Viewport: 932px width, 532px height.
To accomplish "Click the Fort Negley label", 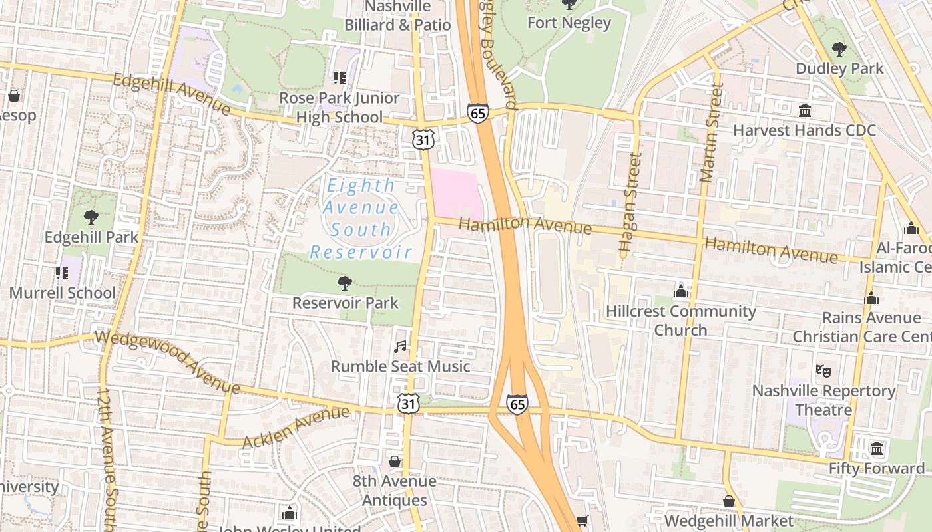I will pyautogui.click(x=569, y=23).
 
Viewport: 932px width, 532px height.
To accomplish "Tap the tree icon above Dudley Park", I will pyautogui.click(x=839, y=49).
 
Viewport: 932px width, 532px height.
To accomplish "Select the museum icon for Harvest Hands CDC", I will pyautogui.click(x=805, y=110).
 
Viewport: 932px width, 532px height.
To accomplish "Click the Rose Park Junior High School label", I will pyautogui.click(x=340, y=108).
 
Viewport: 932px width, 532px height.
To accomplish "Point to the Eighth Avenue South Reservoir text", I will pyautogui.click(x=361, y=218).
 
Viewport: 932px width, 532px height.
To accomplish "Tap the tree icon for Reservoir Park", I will pyautogui.click(x=344, y=284).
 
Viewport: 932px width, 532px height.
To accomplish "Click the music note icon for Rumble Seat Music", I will pyautogui.click(x=400, y=346).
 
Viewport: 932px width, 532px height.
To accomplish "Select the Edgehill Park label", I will pyautogui.click(x=91, y=237).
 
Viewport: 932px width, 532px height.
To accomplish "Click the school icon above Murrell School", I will pyautogui.click(x=62, y=273).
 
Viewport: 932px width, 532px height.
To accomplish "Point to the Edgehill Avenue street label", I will pyautogui.click(x=171, y=94).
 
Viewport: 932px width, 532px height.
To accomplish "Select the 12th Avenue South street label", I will pyautogui.click(x=108, y=459).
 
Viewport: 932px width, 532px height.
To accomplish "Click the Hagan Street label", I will pyautogui.click(x=629, y=202).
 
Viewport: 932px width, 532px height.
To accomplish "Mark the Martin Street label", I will pyautogui.click(x=710, y=133).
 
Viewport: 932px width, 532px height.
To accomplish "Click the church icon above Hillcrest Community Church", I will pyautogui.click(x=680, y=291).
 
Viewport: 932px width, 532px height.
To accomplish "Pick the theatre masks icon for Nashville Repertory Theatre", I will pyautogui.click(x=823, y=371).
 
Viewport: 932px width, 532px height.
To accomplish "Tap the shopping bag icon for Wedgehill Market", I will pyautogui.click(x=729, y=501).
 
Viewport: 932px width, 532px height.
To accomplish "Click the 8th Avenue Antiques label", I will pyautogui.click(x=394, y=490).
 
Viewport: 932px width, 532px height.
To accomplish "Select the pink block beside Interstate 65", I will pyautogui.click(x=456, y=193).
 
